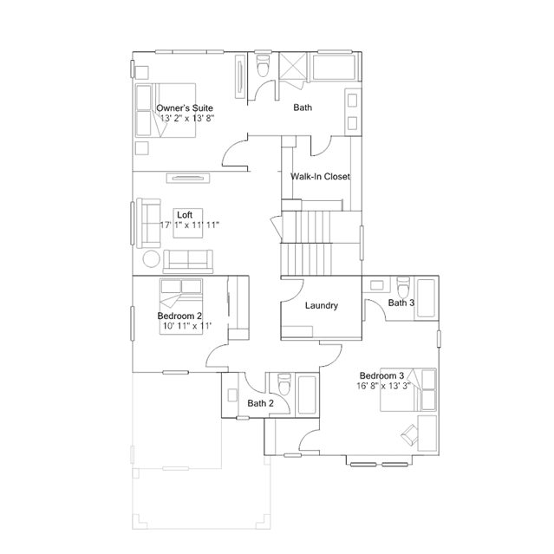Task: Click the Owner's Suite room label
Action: (185, 108)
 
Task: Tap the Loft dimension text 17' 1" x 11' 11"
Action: (190, 225)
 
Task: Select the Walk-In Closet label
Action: (320, 176)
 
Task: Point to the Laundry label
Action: (322, 305)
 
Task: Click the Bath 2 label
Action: (260, 403)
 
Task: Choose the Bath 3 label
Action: (401, 303)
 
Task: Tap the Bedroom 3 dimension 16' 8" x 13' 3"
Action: (383, 386)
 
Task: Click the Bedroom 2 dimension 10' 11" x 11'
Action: (187, 326)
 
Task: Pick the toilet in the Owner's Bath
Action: (263, 65)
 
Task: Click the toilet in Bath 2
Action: (284, 384)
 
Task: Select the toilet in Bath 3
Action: (403, 287)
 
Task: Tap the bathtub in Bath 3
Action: (427, 298)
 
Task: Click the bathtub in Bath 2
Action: (307, 394)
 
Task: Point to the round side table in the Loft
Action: (151, 259)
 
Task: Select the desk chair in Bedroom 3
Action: (409, 433)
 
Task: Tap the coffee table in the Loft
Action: (188, 224)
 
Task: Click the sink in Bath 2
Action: (232, 395)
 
